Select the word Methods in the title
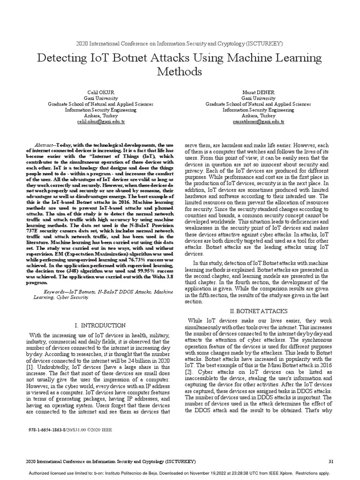[x=180, y=72]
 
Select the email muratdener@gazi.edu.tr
[x=258, y=121]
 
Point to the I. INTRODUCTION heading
[x=100, y=325]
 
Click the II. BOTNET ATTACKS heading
[x=259, y=311]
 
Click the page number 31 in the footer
[x=331, y=462]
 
